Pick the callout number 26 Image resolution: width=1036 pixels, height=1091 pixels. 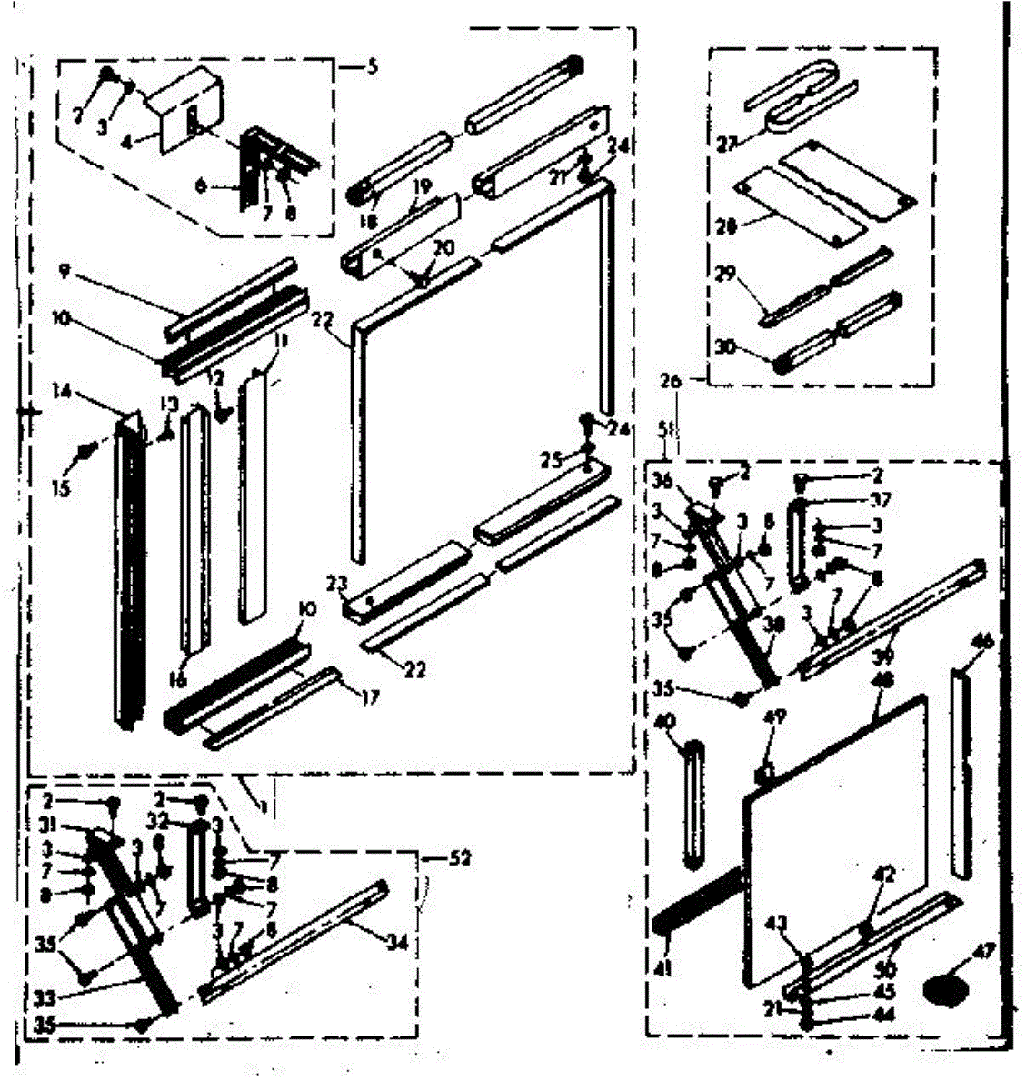point(671,383)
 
